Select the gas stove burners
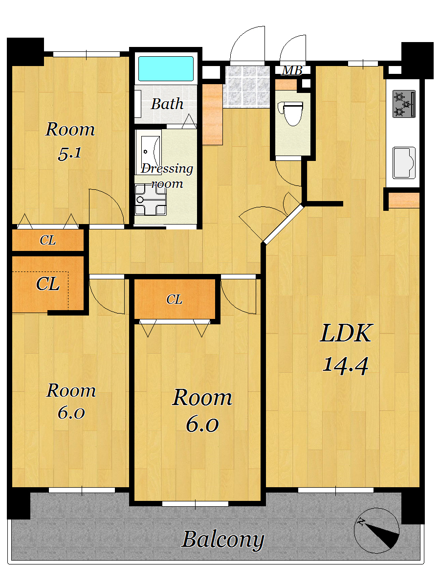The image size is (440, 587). [404, 104]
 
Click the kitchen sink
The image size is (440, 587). [404, 162]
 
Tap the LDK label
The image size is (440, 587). [346, 333]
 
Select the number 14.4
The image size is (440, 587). [346, 365]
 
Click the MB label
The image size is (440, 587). [292, 70]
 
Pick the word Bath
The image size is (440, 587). [167, 104]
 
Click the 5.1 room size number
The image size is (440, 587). [70, 154]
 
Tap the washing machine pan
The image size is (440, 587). [151, 199]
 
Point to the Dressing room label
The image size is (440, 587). [167, 176]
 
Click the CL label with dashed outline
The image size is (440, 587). [47, 284]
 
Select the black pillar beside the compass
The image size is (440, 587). [413, 505]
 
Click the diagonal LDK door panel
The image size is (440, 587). [284, 224]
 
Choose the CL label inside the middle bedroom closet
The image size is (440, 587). [174, 299]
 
